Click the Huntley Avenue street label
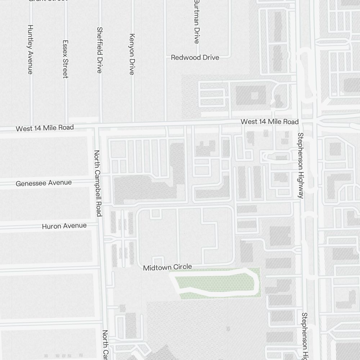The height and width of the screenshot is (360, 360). click(x=30, y=49)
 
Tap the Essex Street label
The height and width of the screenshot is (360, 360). click(x=65, y=59)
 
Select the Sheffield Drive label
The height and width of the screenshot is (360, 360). click(x=100, y=50)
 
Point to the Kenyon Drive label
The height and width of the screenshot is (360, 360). click(x=132, y=54)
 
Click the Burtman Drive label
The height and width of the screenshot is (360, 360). click(x=197, y=22)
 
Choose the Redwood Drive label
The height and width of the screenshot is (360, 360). click(x=195, y=58)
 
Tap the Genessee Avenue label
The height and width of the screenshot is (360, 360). click(x=44, y=183)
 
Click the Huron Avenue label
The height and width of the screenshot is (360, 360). click(x=64, y=226)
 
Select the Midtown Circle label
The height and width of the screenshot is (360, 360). click(x=167, y=267)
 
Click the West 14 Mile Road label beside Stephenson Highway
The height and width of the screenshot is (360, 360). click(x=270, y=122)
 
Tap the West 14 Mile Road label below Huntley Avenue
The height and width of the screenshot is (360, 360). click(x=45, y=128)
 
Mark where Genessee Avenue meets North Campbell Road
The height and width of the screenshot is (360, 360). click(x=99, y=182)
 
